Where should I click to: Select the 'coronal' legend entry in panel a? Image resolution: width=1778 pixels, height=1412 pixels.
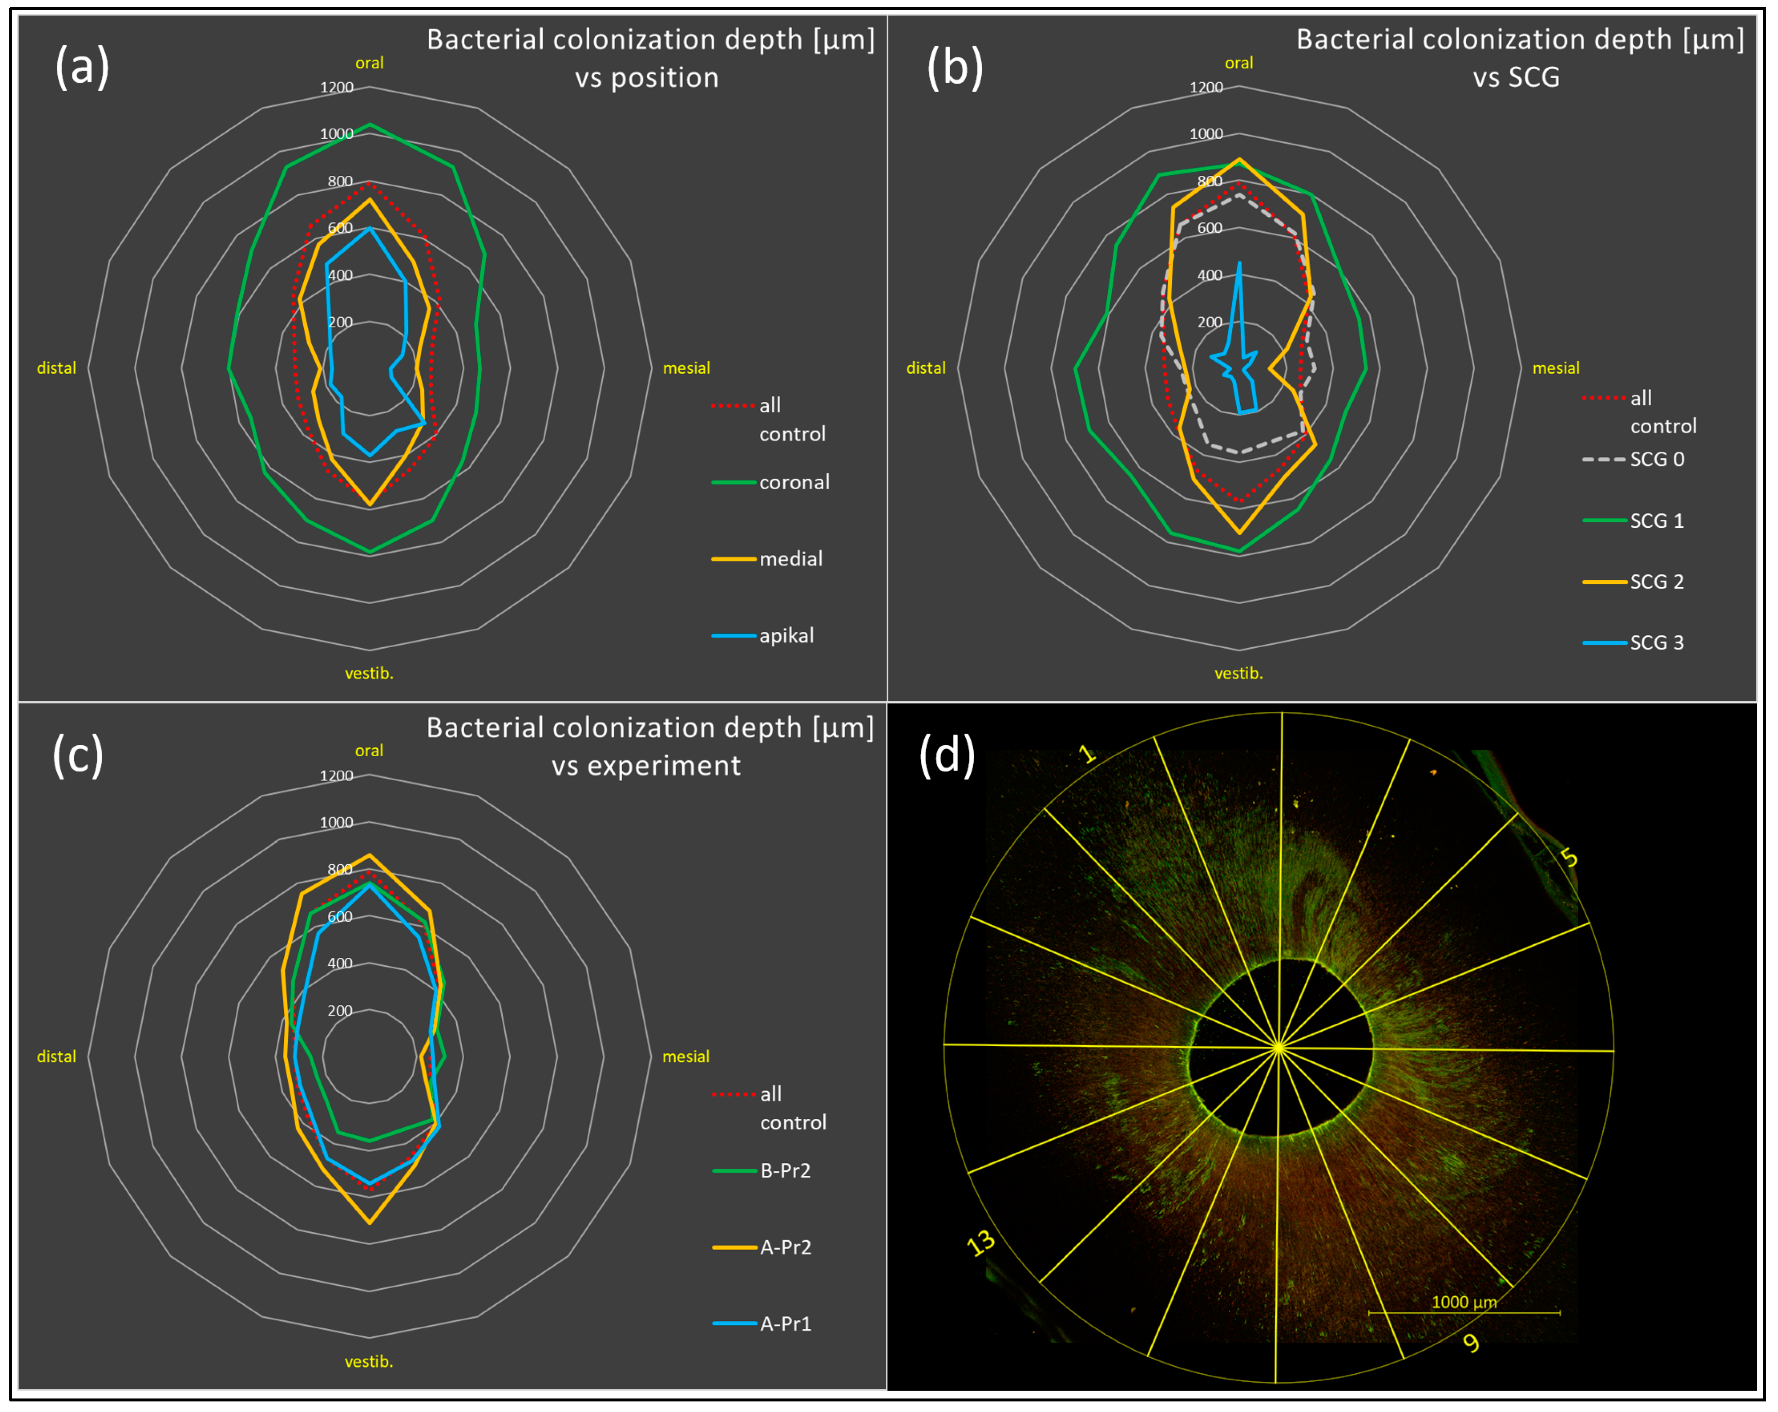pos(793,482)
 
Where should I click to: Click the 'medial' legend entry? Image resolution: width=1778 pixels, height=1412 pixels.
pos(790,559)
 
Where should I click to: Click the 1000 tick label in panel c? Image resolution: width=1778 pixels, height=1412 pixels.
pos(337,822)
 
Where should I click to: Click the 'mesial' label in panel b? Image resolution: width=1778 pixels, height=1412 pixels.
pos(1555,368)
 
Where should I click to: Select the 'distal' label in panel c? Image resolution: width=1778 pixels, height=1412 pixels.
pos(56,1057)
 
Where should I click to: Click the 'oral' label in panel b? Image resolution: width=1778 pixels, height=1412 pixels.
pos(1239,63)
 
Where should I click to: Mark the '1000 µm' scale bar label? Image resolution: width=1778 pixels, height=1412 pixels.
pos(1464,1302)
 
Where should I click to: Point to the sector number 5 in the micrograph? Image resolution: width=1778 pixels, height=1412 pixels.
pos(1569,858)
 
